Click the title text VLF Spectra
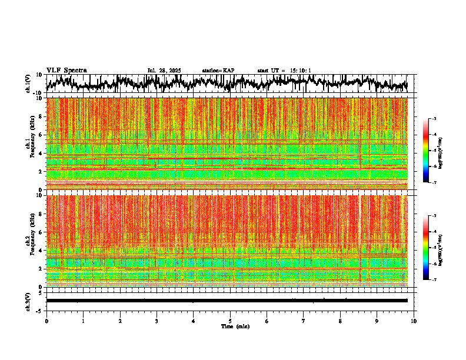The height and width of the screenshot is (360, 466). [66, 71]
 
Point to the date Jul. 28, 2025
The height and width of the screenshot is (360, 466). [164, 71]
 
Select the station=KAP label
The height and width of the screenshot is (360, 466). [218, 71]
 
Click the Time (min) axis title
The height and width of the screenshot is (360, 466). [230, 326]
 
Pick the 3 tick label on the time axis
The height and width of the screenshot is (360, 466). [157, 321]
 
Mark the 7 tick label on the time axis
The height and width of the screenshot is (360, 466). [304, 321]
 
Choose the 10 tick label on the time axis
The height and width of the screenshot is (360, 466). [414, 321]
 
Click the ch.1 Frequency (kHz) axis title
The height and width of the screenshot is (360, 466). [29, 144]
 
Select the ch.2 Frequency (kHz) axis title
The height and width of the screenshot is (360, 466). [29, 241]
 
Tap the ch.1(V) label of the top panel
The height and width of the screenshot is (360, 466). [29, 84]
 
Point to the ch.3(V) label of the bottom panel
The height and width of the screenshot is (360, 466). [29, 301]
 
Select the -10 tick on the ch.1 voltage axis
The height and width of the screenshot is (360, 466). [38, 93]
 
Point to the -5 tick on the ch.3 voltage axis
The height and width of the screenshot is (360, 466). [39, 310]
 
